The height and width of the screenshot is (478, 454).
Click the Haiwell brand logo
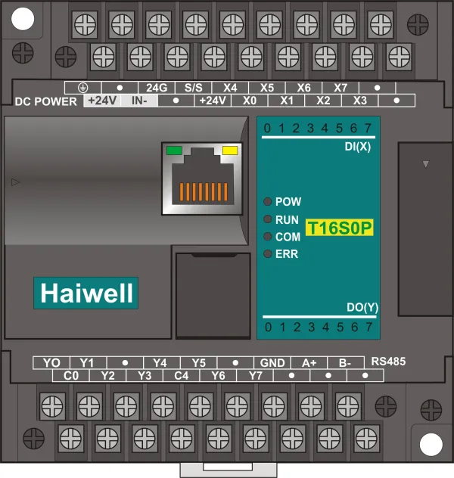click(x=86, y=292)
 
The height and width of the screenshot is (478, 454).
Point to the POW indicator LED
click(x=268, y=202)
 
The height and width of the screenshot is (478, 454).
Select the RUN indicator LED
click(x=268, y=219)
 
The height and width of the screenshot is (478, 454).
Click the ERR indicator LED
click(x=268, y=254)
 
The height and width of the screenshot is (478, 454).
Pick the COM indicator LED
click(x=268, y=237)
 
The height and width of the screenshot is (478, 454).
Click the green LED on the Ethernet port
click(x=173, y=150)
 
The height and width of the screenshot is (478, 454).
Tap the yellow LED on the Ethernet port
click(x=229, y=150)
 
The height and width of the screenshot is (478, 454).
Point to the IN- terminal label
click(x=139, y=101)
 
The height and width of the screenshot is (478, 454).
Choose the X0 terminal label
click(x=250, y=101)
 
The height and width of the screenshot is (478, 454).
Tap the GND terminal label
click(x=272, y=362)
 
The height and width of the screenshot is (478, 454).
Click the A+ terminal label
click(x=309, y=362)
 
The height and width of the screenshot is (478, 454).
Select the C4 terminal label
click(x=182, y=375)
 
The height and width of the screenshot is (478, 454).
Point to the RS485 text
click(x=390, y=362)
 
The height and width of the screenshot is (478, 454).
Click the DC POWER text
click(x=46, y=101)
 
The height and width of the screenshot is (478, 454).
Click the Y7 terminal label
click(x=255, y=375)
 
